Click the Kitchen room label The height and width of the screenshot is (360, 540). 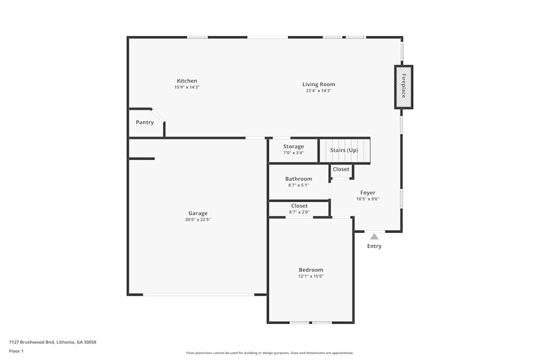(x=187, y=81)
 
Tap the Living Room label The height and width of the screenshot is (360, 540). (x=319, y=84)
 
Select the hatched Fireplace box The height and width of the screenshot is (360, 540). (x=403, y=87)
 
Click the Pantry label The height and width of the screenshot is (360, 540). (x=145, y=123)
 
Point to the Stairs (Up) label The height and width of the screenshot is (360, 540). (x=344, y=150)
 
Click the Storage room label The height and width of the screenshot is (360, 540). (x=293, y=146)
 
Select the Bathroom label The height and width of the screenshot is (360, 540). (x=299, y=179)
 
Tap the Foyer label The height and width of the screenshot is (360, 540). (x=368, y=193)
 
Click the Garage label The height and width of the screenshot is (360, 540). (x=198, y=213)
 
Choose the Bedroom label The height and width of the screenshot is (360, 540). (x=311, y=270)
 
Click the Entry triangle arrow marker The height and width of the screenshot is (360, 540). (x=374, y=236)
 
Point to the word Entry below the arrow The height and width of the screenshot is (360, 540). (x=374, y=246)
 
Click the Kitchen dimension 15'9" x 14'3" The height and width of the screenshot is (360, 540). (x=187, y=87)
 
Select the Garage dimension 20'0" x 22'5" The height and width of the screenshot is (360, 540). (x=198, y=220)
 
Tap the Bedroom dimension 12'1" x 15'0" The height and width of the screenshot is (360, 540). (x=311, y=276)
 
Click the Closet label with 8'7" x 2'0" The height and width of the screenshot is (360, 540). (x=299, y=206)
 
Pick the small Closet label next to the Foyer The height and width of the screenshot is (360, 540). (x=341, y=169)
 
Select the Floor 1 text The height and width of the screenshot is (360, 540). (x=16, y=351)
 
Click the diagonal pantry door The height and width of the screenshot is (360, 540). (x=158, y=116)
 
